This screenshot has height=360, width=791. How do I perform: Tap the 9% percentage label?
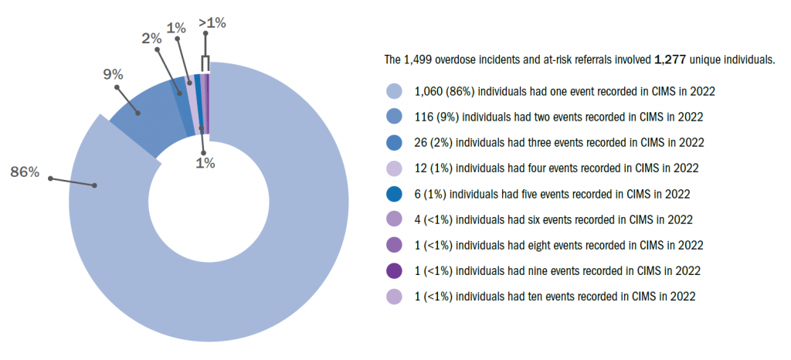tap(114, 75)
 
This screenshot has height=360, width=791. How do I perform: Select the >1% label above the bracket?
tap(212, 23)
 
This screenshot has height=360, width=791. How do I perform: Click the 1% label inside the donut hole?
tap(205, 164)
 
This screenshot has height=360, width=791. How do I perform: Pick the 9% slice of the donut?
tap(147, 124)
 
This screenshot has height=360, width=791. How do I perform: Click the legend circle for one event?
tap(394, 91)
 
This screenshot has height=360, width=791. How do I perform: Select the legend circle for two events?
tap(394, 117)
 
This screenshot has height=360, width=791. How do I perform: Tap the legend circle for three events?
tap(394, 143)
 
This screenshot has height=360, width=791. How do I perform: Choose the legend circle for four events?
tap(394, 168)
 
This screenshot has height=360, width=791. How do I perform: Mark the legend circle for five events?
tap(394, 194)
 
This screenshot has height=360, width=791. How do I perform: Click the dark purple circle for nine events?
tap(394, 271)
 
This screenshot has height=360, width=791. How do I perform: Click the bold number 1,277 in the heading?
tap(670, 59)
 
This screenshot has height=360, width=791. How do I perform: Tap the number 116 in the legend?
tap(423, 117)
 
